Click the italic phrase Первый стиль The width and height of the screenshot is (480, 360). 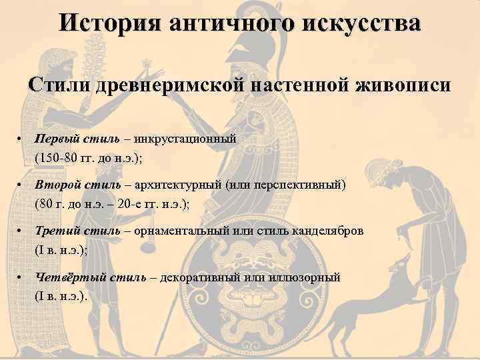(x=77, y=138)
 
